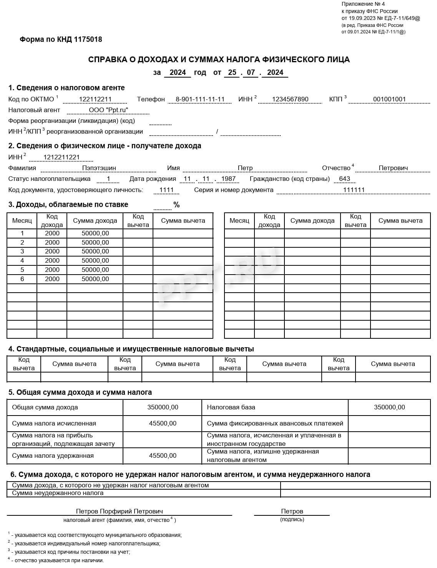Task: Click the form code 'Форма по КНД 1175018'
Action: (61, 40)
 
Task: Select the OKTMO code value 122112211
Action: (95, 99)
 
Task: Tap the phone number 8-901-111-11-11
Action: (200, 99)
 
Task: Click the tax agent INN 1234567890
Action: (290, 99)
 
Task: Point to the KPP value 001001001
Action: (389, 99)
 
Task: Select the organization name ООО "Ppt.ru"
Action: (108, 110)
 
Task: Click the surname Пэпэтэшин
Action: (99, 168)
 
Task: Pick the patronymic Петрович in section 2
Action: (393, 168)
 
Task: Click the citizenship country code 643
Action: (345, 179)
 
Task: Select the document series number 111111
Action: (354, 190)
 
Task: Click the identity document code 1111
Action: (166, 190)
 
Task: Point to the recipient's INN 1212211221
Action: (61, 157)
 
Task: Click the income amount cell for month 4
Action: (95, 260)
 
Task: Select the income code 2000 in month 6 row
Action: (52, 279)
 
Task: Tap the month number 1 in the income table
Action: (22, 233)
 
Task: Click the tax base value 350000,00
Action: (389, 407)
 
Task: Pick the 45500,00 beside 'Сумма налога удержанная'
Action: (163, 455)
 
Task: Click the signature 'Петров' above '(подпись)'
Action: (292, 511)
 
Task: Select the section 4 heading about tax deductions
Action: (131, 349)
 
